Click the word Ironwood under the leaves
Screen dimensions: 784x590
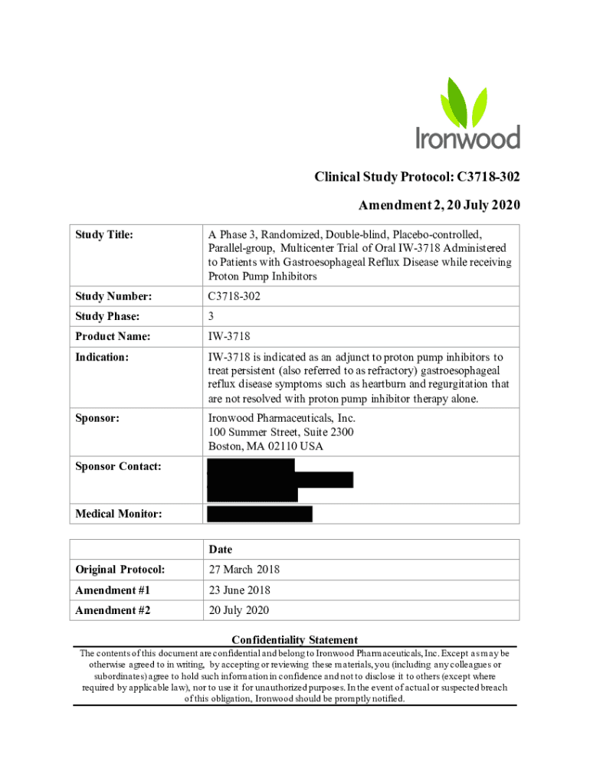pyautogui.click(x=467, y=137)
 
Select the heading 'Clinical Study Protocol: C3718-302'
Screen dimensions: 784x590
pyautogui.click(x=417, y=178)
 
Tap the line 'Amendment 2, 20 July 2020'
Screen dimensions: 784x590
pyautogui.click(x=439, y=204)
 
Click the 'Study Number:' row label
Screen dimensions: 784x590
pyautogui.click(x=113, y=296)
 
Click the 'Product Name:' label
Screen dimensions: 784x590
pyautogui.click(x=113, y=337)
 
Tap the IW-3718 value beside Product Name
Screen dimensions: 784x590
pyautogui.click(x=229, y=337)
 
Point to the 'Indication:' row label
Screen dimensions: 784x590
pyautogui.click(x=102, y=358)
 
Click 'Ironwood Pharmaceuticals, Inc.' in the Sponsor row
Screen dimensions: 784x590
pyautogui.click(x=282, y=419)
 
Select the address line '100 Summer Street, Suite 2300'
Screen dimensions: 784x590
pyautogui.click(x=280, y=433)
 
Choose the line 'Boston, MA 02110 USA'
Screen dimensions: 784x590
pyautogui.click(x=265, y=446)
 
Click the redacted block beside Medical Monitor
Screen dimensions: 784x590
pyautogui.click(x=260, y=514)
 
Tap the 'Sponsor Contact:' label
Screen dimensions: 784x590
pyautogui.click(x=118, y=466)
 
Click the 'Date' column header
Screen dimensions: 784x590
pyautogui.click(x=220, y=550)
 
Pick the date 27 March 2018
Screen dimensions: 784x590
pyautogui.click(x=244, y=570)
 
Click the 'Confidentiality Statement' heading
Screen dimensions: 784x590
pyautogui.click(x=295, y=640)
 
